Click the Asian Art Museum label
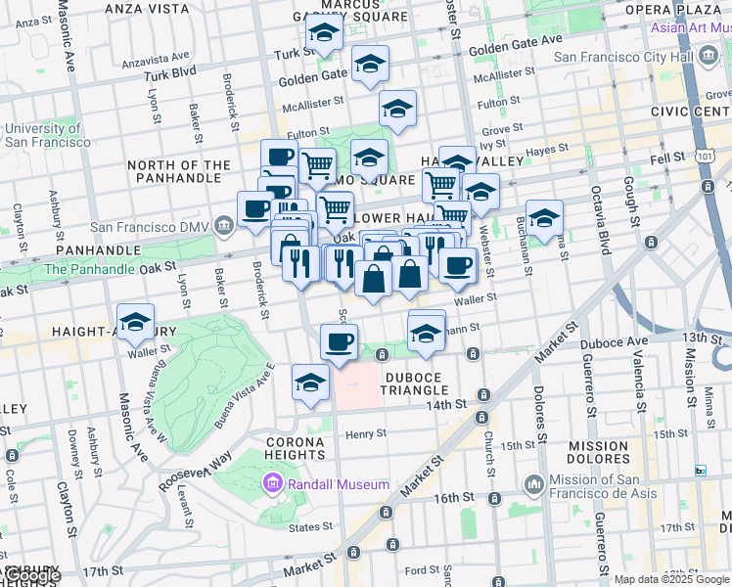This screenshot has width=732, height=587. (x=691, y=26)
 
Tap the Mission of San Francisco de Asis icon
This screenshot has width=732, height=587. (x=533, y=484)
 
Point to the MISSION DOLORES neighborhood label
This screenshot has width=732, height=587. (x=598, y=453)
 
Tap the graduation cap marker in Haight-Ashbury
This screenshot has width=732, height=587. (x=135, y=324)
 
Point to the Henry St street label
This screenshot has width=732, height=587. (x=366, y=433)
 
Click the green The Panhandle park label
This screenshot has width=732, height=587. (x=90, y=268)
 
